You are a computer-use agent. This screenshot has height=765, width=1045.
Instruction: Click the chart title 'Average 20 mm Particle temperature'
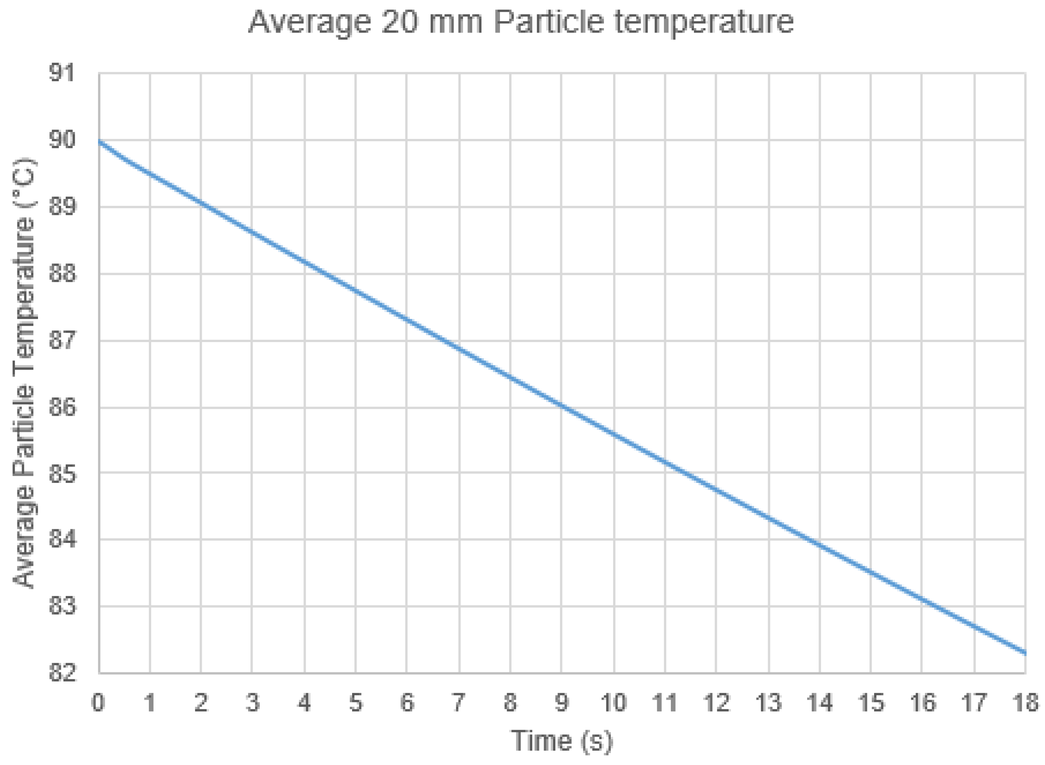521,22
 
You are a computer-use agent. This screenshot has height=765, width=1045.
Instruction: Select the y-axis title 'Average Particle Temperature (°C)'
24,373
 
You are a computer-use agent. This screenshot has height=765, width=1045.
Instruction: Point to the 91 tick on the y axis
62,73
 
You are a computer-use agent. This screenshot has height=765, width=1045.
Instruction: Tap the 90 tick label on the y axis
62,139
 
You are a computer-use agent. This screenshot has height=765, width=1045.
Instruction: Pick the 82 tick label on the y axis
62,672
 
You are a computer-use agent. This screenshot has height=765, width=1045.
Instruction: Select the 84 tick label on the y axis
62,539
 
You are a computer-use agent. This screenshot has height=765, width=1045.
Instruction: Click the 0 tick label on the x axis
98,702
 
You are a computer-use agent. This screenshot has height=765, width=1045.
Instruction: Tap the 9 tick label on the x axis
561,702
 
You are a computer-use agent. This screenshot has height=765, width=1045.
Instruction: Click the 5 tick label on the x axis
355,702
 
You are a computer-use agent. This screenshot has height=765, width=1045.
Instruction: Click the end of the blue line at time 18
1024,653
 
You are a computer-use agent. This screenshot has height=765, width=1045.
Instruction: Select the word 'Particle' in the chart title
549,22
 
